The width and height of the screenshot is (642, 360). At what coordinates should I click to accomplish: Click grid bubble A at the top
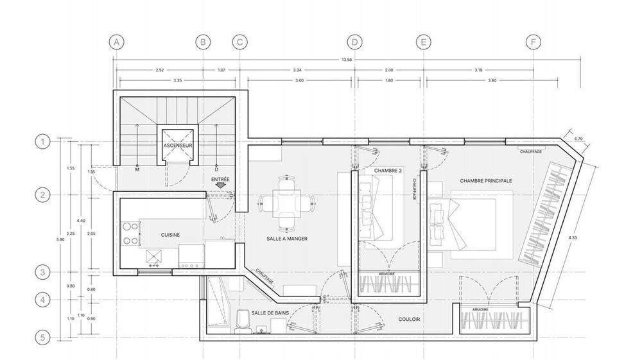point(116,42)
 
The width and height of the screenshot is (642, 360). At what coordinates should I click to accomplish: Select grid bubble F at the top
point(532,42)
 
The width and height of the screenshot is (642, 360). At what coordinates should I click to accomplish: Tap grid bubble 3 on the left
point(42,272)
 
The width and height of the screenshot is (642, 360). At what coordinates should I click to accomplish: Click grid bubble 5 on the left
point(42,337)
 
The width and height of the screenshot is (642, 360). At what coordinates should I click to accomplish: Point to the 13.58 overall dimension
point(347,60)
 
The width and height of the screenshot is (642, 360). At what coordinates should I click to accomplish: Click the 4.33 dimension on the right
point(573,238)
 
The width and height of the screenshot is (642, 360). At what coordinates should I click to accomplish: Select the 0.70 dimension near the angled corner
point(578,139)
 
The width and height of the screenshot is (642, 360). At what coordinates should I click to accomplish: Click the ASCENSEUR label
point(178,146)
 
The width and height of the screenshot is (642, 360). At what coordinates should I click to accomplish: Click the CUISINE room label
point(170,235)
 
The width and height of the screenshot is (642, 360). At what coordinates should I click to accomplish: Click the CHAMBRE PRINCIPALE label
point(486,181)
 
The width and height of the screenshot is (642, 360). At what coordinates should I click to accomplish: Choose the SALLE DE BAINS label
point(270,313)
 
